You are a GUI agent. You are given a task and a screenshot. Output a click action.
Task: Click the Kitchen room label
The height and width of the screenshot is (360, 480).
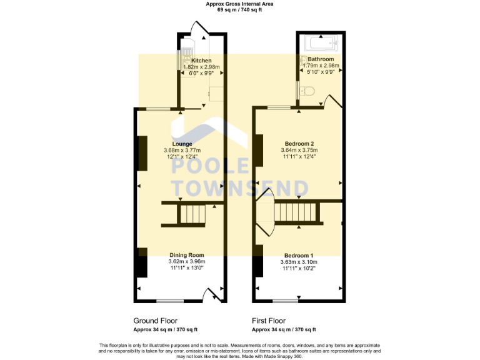pyautogui.click(x=201, y=61)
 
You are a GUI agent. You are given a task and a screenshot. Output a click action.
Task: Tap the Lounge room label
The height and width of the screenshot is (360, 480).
pyautogui.click(x=182, y=144)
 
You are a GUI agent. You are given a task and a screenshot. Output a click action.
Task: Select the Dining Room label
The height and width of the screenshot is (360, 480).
pyautogui.click(x=187, y=255)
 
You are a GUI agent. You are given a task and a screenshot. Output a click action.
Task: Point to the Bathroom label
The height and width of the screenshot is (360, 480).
pyautogui.click(x=320, y=59)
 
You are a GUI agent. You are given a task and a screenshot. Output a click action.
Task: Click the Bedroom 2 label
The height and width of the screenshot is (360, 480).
pyautogui.click(x=299, y=144)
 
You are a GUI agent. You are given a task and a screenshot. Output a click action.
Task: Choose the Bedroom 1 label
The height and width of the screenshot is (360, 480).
pyautogui.click(x=299, y=256)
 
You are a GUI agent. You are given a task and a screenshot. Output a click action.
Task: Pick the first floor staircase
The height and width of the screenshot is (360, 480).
pyautogui.click(x=297, y=212)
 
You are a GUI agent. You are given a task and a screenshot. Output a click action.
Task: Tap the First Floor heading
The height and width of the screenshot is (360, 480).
pyautogui.click(x=269, y=320)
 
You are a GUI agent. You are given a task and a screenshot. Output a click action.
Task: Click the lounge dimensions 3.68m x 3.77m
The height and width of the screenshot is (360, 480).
pyautogui.click(x=182, y=151)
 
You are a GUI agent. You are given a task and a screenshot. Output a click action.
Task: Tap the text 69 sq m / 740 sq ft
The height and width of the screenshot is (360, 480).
pyautogui.click(x=239, y=9)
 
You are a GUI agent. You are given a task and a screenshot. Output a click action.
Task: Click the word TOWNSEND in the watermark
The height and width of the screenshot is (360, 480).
pyautogui.click(x=239, y=188)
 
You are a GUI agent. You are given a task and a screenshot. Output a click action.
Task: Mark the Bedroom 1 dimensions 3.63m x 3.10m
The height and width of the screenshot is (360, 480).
pyautogui.click(x=299, y=262)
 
